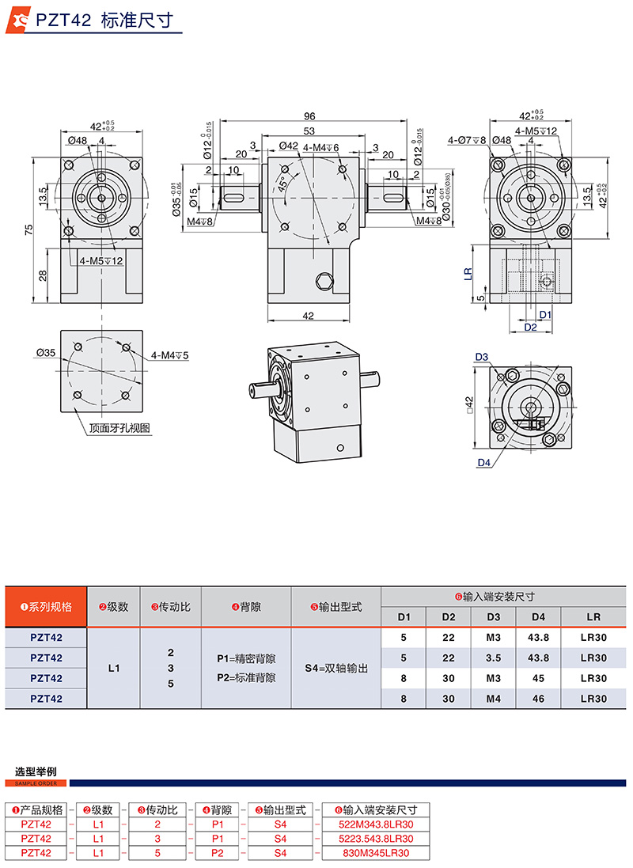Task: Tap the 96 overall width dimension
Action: point(309,116)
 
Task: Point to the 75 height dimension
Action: point(29,230)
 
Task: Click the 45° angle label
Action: point(282,184)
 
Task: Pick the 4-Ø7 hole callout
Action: point(465,140)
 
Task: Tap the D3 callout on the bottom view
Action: point(482,357)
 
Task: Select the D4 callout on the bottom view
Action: point(484,463)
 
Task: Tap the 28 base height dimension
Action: point(42,275)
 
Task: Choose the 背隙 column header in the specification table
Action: point(246,607)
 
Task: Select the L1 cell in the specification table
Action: point(113,668)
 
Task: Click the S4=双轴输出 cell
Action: point(336,668)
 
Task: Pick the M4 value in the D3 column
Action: point(493,699)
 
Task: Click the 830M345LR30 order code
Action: point(376,852)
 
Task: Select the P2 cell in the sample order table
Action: point(218,852)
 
